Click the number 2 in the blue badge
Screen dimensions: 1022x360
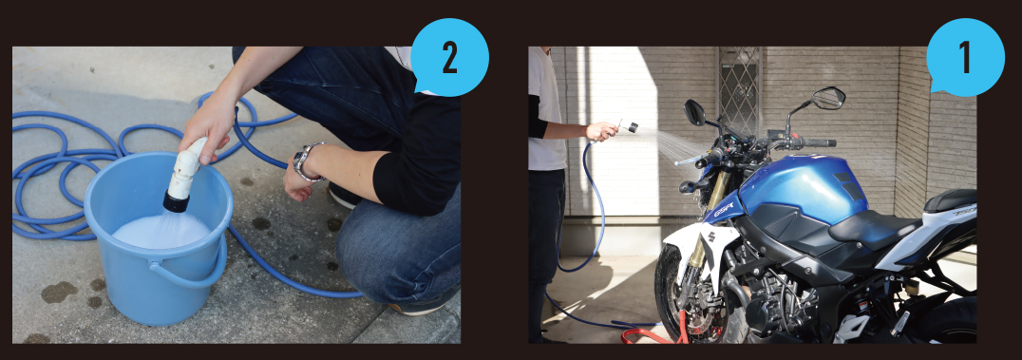[x=449, y=59]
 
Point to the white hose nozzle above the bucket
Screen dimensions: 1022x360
[x=184, y=174]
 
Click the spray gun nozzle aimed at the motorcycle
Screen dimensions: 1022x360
[x=628, y=126]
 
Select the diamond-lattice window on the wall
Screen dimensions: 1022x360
[x=739, y=89]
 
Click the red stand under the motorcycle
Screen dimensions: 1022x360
[x=652, y=332]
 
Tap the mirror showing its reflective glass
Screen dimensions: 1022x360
[x=829, y=98]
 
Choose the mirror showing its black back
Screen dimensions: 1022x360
[x=695, y=112]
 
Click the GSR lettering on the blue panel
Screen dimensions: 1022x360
[x=723, y=209]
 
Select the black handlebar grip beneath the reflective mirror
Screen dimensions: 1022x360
[x=820, y=142]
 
